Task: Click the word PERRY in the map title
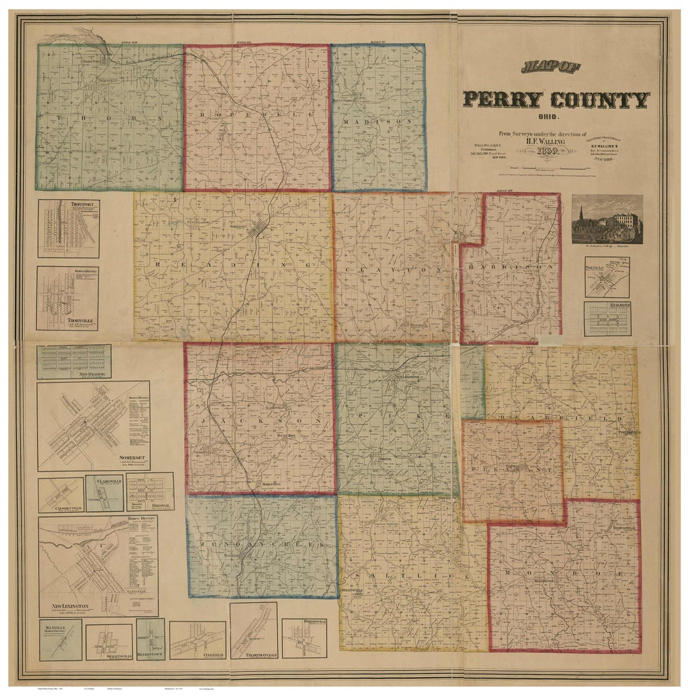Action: click(503, 99)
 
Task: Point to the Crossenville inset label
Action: click(61, 508)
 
